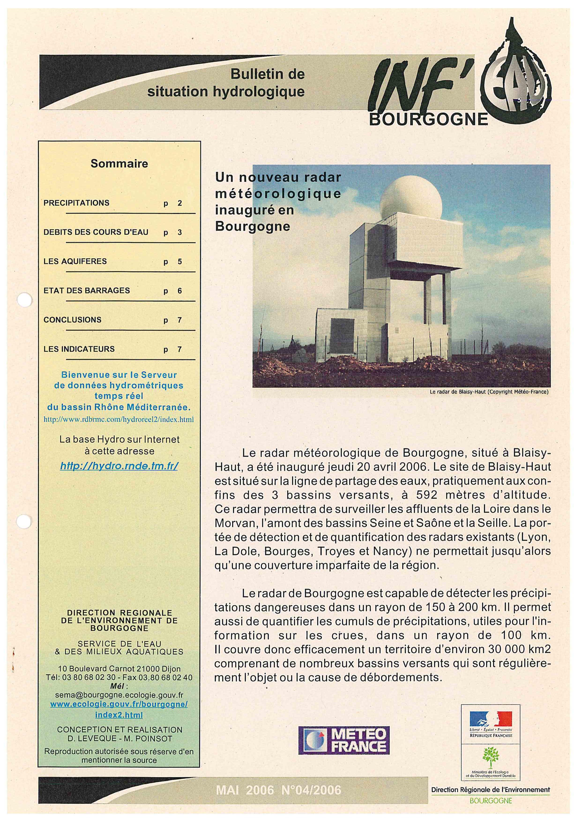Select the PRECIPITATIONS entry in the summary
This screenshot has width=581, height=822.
pyautogui.click(x=76, y=203)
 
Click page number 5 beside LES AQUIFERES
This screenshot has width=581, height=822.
pyautogui.click(x=180, y=262)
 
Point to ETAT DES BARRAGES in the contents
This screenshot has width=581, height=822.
pyautogui.click(x=87, y=291)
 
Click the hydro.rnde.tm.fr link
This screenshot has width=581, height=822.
pyautogui.click(x=119, y=466)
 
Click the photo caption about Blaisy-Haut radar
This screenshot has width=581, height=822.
pyautogui.click(x=489, y=392)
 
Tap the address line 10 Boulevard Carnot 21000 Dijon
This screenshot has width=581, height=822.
pyautogui.click(x=119, y=668)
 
